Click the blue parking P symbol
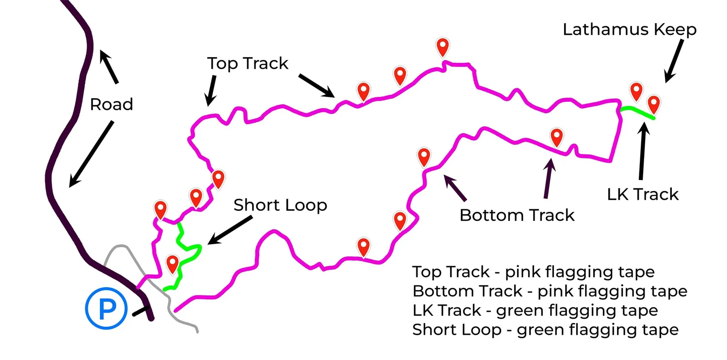[x=106, y=309]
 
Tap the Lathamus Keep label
[x=629, y=30]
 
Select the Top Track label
[x=248, y=63]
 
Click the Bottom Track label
[x=517, y=215]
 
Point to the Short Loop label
[x=280, y=205]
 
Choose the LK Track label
[x=643, y=194]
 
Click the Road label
[x=111, y=104]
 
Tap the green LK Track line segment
[x=637, y=112]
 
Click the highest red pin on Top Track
[x=443, y=47]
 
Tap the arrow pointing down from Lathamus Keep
[x=675, y=61]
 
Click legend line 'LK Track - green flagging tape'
[x=535, y=310]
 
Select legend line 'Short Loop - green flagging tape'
[x=545, y=330]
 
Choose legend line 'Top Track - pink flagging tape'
[x=533, y=271]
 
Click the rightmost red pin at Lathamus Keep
[x=654, y=104]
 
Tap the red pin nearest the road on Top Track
[x=160, y=209]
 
